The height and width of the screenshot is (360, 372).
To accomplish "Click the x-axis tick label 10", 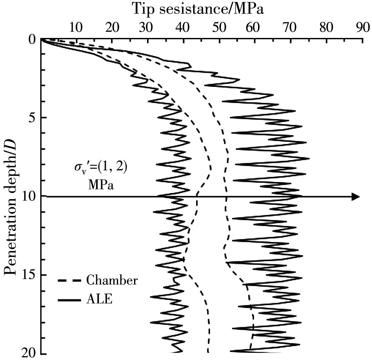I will click(75, 28).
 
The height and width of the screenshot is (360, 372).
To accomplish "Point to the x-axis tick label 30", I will click(147, 28).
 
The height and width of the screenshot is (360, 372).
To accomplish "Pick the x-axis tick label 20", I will click(111, 28).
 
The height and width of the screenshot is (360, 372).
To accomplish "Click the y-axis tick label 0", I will click(32, 40).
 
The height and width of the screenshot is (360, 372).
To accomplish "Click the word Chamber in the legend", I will click(112, 280).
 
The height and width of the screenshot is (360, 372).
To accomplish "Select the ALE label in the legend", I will click(99, 299).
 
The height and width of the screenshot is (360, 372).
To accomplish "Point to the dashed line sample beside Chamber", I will click(69, 280).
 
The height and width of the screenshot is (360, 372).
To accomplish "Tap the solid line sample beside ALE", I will click(69, 300).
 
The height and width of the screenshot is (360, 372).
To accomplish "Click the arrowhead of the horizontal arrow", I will click(356, 197).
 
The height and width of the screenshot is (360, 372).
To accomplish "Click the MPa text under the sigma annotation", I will click(101, 185).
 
